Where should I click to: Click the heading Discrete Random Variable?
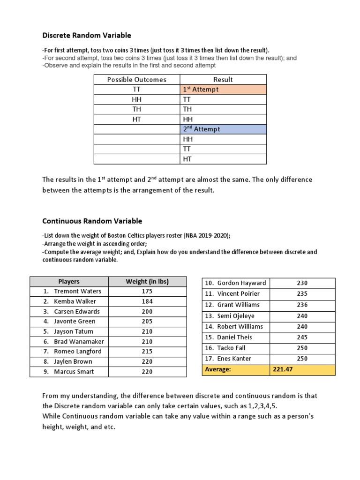click(87, 35)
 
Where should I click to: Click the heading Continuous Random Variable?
click(92, 221)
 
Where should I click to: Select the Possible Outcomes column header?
click(136, 80)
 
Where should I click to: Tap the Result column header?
click(223, 80)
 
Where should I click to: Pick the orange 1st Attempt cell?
click(223, 90)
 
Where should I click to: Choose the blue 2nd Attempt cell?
click(223, 129)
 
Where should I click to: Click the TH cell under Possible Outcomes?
click(136, 109)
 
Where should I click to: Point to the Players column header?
click(69, 281)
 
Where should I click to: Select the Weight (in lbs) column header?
click(147, 281)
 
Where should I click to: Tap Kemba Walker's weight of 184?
click(147, 301)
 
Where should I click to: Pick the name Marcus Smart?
click(74, 372)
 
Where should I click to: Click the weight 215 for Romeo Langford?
click(147, 352)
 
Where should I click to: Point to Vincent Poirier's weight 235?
click(302, 294)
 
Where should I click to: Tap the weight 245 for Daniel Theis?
click(302, 337)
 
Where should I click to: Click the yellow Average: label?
click(219, 370)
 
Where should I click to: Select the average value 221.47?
click(283, 370)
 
